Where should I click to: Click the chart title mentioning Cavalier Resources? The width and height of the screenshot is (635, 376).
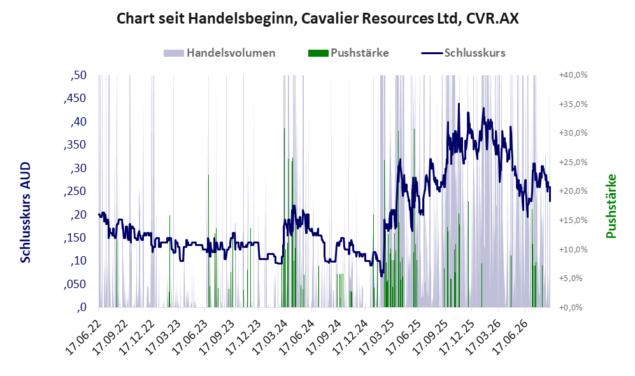[x=317, y=18]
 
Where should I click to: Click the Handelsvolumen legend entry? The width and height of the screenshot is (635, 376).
[x=220, y=53]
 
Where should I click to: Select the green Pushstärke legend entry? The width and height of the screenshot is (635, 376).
[x=348, y=53]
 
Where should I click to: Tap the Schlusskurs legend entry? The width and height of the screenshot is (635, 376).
[x=463, y=53]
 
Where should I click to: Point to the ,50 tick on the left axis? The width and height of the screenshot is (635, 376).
[x=78, y=75]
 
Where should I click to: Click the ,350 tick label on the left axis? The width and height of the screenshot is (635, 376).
[x=75, y=145]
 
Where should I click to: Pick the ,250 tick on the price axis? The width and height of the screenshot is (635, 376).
[x=75, y=192]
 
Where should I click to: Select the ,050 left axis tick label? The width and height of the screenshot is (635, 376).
[x=75, y=284]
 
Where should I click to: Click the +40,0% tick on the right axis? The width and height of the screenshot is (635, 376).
[x=573, y=75]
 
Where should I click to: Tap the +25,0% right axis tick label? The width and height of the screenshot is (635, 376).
[x=573, y=163]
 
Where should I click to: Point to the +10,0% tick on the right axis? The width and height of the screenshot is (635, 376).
[x=573, y=250]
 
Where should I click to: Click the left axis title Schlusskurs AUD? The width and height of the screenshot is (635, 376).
[x=25, y=212]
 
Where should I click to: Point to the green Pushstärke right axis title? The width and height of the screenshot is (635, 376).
[x=611, y=206]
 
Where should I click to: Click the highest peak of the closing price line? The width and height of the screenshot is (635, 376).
[x=459, y=104]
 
